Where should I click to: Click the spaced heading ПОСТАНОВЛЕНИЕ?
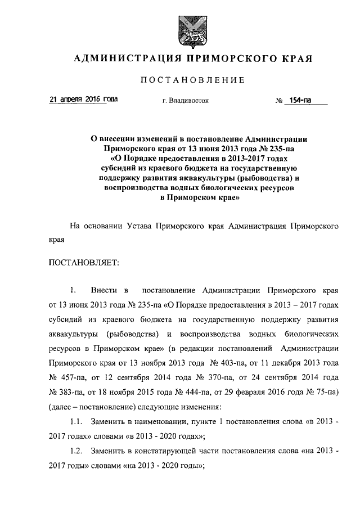click(x=192, y=80)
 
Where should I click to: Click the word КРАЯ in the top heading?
click(x=292, y=58)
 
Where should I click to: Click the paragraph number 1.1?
click(x=77, y=421)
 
